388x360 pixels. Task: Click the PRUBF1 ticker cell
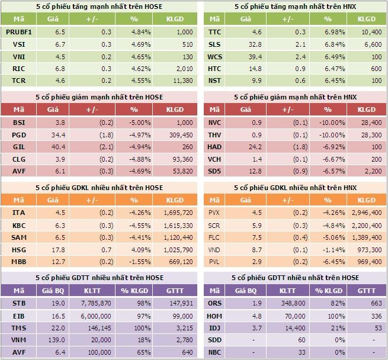tap(18, 32)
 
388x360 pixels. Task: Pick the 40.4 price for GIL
tap(60, 147)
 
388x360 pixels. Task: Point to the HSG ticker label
tap(18, 250)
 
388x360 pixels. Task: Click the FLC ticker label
tap(214, 237)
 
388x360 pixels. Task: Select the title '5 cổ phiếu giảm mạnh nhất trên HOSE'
tap(100, 97)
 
